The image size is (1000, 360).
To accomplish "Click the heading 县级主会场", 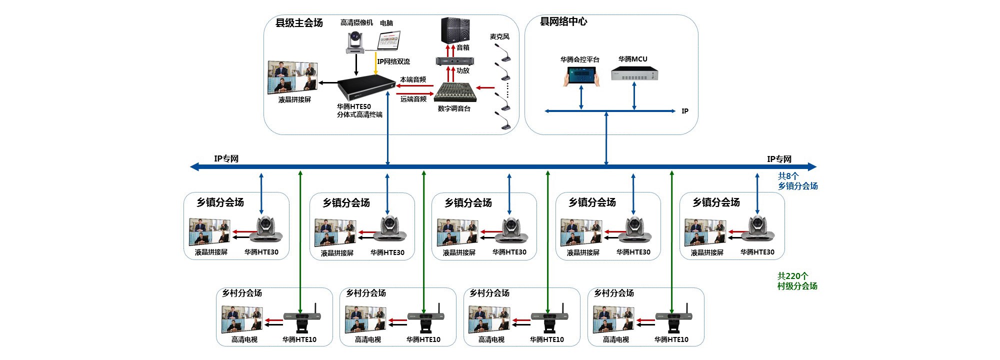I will [299, 23].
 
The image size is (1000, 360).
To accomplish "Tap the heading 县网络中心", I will [563, 21].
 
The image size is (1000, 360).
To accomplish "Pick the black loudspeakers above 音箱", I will [455, 30].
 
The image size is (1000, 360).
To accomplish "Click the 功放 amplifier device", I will [454, 61].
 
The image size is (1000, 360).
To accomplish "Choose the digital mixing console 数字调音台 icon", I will [454, 92].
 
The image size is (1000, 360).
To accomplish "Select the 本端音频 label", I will [413, 79].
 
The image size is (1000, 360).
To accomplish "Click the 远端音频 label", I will [413, 99].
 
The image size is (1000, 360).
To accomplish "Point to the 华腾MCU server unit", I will [634, 74].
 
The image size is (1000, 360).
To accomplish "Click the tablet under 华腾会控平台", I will [581, 76].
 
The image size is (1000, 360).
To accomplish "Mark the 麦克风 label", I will [499, 36].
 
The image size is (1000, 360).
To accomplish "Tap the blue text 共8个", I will [788, 176].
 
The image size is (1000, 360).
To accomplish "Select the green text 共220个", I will [792, 276].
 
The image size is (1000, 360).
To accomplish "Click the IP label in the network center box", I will [685, 111].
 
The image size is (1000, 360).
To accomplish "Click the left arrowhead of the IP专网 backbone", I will [194, 166].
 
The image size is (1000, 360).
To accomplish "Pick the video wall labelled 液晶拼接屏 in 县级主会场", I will [293, 77].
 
